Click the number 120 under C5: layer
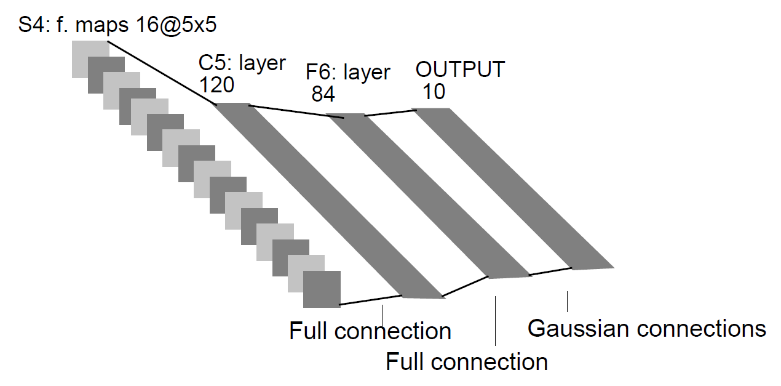pyautogui.click(x=216, y=85)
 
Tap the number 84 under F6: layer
pyautogui.click(x=323, y=94)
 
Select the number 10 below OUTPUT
pyautogui.click(x=434, y=92)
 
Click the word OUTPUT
pyautogui.click(x=460, y=69)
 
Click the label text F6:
pyautogui.click(x=320, y=72)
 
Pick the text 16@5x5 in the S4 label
pyautogui.click(x=176, y=25)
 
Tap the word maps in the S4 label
pyautogui.click(x=102, y=25)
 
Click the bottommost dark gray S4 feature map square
pyautogui.click(x=322, y=289)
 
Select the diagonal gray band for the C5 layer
pyautogui.click(x=329, y=201)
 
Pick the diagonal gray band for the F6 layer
pyautogui.click(x=429, y=196)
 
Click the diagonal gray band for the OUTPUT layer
pyautogui.click(x=514, y=189)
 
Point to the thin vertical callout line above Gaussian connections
pyautogui.click(x=567, y=302)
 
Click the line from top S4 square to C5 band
pyautogui.click(x=162, y=73)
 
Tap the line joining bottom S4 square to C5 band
pyautogui.click(x=371, y=300)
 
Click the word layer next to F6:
pyautogui.click(x=367, y=73)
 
